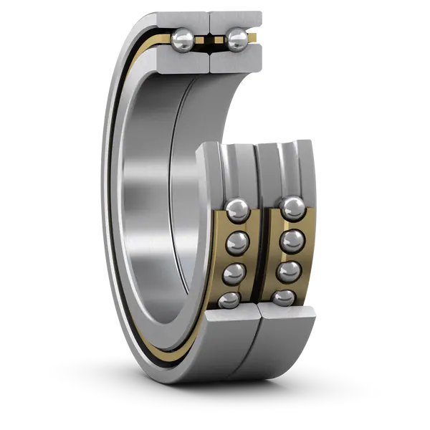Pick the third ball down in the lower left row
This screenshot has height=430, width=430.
coord(233,273)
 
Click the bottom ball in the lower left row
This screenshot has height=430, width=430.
coord(229,300)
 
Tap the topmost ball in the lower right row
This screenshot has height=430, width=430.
coord(292,209)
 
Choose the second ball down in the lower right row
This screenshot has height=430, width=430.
coord(291,242)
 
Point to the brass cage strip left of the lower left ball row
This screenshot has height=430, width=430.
coord(216,258)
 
